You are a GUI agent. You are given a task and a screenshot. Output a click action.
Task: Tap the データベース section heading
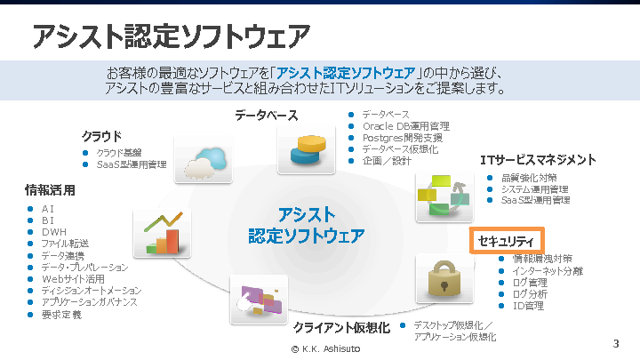266,116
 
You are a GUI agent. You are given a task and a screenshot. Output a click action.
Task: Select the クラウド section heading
101,136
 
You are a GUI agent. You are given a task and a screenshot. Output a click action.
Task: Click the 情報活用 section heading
50,189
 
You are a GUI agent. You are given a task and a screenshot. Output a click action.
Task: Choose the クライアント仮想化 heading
341,328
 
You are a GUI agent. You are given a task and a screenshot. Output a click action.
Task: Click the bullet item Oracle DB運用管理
405,126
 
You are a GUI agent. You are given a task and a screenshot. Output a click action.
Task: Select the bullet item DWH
54,232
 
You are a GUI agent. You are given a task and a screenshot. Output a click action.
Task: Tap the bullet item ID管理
528,306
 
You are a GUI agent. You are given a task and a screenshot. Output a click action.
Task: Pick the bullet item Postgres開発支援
402,138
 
